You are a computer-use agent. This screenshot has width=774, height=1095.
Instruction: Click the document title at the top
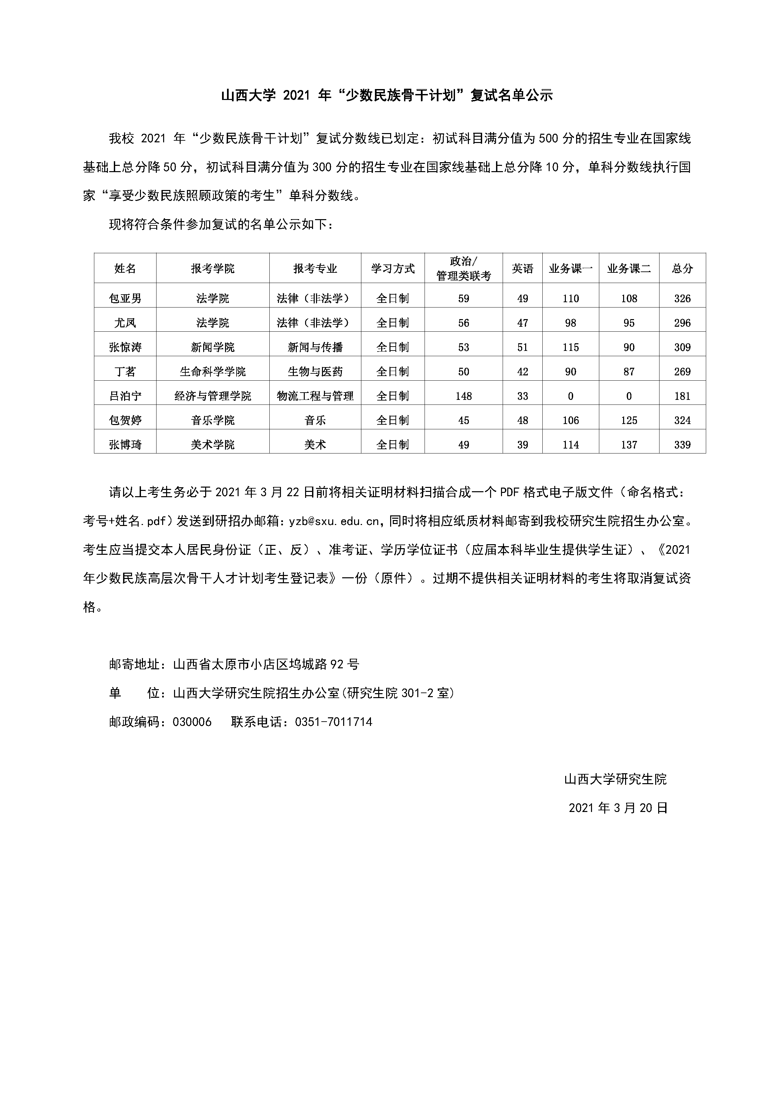pos(387,95)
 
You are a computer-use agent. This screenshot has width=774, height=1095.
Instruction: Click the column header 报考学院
pos(213,268)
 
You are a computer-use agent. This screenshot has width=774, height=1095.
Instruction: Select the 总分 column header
pos(682,268)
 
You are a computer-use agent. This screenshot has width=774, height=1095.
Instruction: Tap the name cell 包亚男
pos(125,299)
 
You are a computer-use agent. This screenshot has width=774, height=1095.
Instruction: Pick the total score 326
pos(682,299)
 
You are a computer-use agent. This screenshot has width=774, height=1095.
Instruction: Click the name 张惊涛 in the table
pos(125,347)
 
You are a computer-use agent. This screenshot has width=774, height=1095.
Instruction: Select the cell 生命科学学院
pos(213,371)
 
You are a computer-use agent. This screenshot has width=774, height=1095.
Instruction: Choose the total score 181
pos(682,396)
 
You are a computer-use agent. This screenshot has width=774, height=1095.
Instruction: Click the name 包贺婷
pos(125,420)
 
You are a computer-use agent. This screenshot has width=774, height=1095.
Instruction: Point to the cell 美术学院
pos(213,445)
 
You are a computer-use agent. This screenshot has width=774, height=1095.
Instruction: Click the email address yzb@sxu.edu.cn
pos(334,521)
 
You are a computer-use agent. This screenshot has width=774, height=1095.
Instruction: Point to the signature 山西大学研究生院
pos(615,779)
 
